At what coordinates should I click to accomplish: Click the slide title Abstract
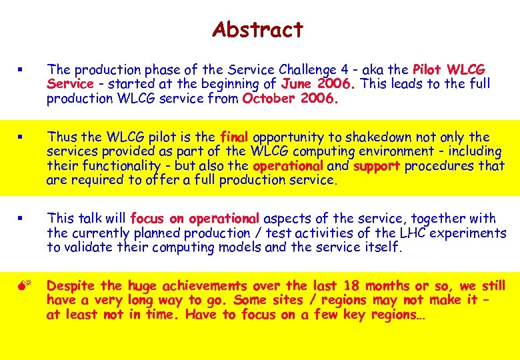click(257, 30)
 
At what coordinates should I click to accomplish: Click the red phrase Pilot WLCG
click(449, 70)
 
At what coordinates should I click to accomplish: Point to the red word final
click(235, 137)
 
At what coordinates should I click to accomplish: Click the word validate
click(90, 247)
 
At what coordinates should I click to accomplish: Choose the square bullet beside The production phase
click(21, 70)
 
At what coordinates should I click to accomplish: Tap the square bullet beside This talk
click(21, 219)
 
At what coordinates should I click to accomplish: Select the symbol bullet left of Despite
click(21, 287)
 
